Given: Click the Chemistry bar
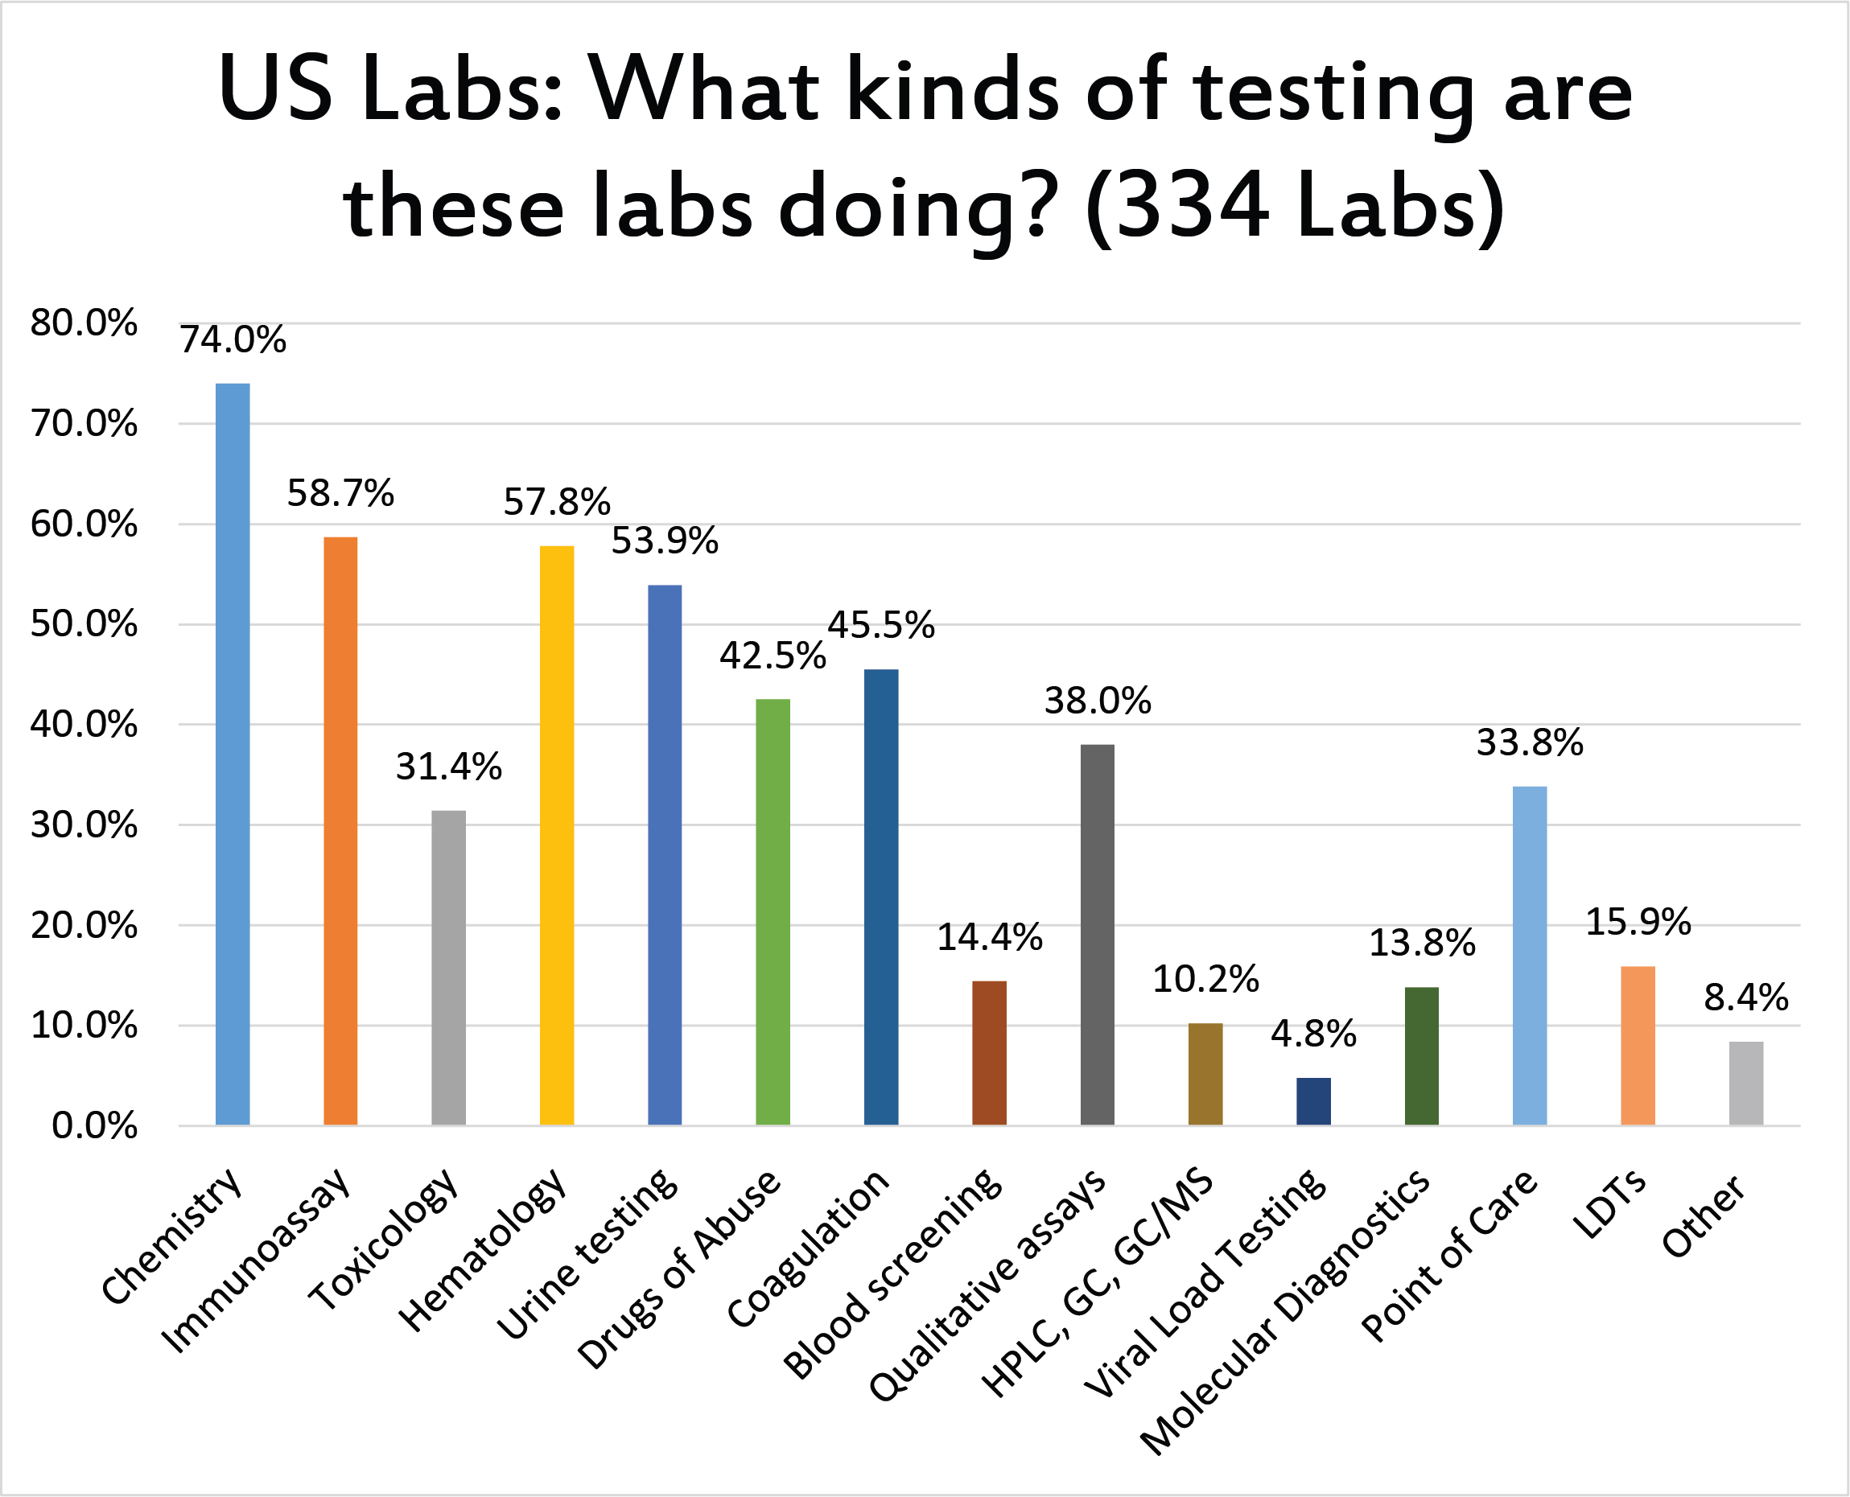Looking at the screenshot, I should pos(232,754).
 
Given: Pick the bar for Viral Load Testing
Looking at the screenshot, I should pos(1312,1101).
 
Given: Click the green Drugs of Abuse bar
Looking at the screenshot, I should pos(772,911).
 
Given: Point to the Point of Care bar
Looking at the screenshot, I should pos(1529,956).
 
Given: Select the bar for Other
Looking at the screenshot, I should pos(1745,1083).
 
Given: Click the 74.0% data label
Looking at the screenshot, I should pos(233,339).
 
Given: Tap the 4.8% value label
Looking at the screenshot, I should pos(1312,1034).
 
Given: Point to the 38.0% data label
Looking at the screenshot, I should pos(1097,701).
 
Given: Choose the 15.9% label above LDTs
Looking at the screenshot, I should pos(1638,922).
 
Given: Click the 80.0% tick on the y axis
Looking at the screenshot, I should pos(84,323).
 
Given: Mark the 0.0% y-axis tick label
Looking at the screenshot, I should pos(94,1125).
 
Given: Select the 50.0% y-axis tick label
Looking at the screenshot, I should pos(84,623).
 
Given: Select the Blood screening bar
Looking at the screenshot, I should pos(988,1053).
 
